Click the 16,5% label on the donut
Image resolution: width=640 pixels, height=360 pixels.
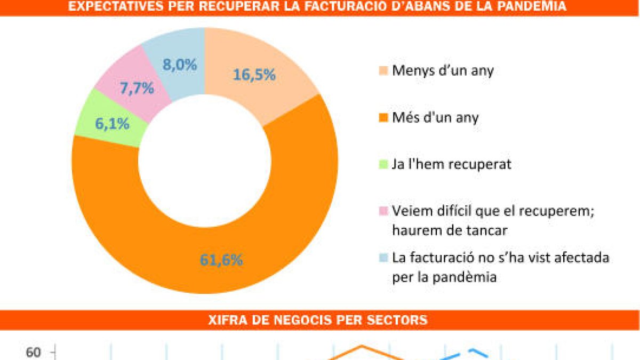[x=254, y=75]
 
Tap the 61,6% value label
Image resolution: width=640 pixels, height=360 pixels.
[x=222, y=260]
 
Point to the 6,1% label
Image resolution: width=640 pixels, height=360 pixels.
[x=113, y=124]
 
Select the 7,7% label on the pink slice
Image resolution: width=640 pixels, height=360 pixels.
[x=137, y=89]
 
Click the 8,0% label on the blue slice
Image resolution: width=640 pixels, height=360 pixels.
[x=179, y=65]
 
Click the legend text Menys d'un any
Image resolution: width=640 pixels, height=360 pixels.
[x=443, y=70]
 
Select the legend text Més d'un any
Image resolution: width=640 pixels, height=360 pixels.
[x=435, y=117]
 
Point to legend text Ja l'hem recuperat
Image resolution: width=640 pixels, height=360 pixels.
[x=451, y=164]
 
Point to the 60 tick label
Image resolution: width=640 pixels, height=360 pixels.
[x=34, y=352]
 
